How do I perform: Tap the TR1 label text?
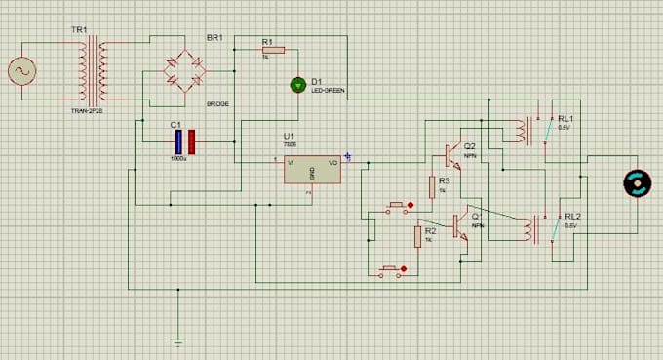click(x=79, y=30)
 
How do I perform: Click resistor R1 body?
click(x=272, y=49)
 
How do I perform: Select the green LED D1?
click(x=298, y=86)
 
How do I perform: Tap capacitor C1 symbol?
click(x=185, y=141)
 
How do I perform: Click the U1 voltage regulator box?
click(x=312, y=169)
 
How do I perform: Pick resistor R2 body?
click(x=418, y=235)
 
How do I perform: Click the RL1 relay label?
click(x=565, y=117)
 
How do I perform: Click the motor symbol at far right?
click(x=637, y=182)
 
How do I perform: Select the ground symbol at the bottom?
click(x=177, y=341)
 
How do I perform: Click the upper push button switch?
click(x=396, y=207)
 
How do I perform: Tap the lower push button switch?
click(x=391, y=269)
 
